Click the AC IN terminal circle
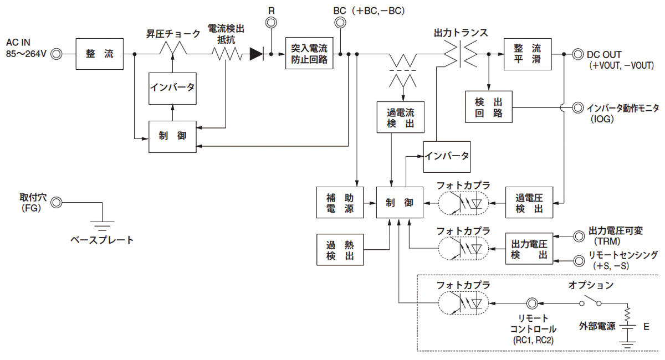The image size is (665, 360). [56, 54]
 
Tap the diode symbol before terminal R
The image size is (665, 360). [256, 54]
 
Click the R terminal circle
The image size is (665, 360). [271, 23]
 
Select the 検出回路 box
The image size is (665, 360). [489, 107]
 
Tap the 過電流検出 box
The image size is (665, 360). [400, 117]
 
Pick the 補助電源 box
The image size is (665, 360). [339, 202]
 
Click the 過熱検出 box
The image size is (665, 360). [339, 249]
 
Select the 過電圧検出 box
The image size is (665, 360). [529, 202]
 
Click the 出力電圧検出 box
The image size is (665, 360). [529, 249]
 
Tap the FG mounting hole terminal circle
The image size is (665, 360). [56, 203]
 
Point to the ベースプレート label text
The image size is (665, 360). [102, 240]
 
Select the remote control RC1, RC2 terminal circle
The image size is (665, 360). [531, 303]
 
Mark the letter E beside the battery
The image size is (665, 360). [646, 327]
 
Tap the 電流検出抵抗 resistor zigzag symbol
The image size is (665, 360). [227, 54]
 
